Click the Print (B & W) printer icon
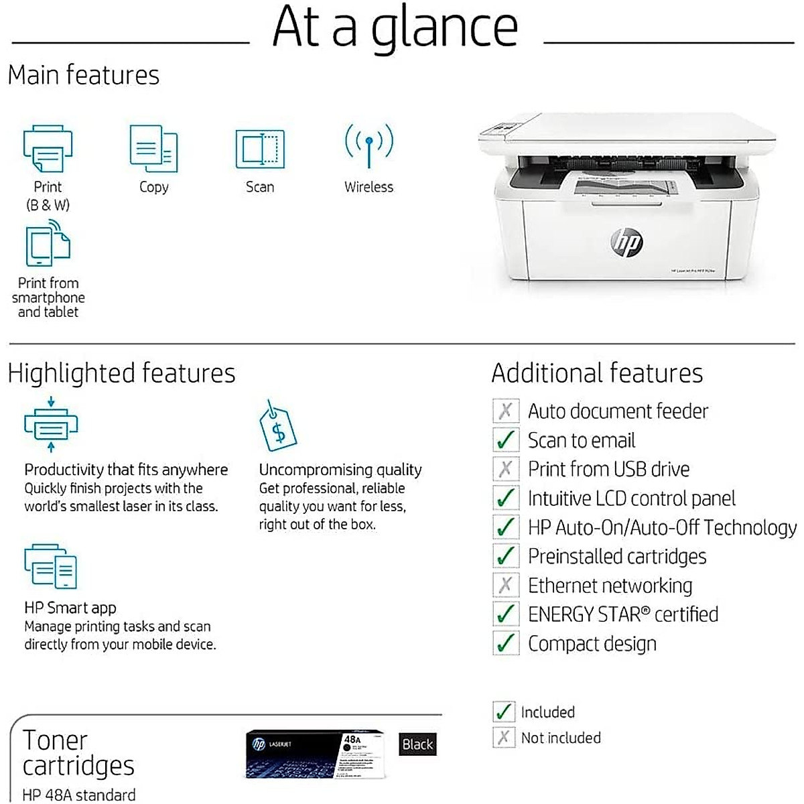click(48, 149)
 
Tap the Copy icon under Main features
click(153, 149)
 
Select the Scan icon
click(260, 149)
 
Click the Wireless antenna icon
click(368, 145)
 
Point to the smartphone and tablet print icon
click(48, 246)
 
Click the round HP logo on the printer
click(627, 243)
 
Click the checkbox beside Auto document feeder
click(505, 411)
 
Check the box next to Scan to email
click(505, 440)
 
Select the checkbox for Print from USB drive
click(505, 469)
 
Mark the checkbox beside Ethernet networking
click(505, 586)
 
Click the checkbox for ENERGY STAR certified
click(505, 614)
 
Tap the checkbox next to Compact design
click(505, 643)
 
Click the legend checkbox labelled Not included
click(503, 738)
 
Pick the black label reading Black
click(417, 744)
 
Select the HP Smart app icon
click(51, 567)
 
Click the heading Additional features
click(597, 373)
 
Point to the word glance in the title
click(445, 28)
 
